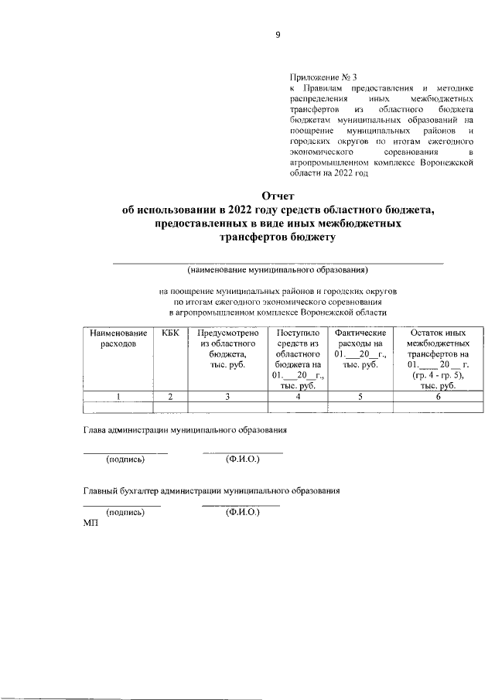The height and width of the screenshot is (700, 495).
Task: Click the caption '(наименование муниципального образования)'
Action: click(278, 271)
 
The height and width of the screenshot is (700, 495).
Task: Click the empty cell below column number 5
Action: click(360, 408)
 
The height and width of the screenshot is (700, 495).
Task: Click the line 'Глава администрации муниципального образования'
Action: click(186, 430)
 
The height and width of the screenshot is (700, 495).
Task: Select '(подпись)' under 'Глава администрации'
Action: click(125, 459)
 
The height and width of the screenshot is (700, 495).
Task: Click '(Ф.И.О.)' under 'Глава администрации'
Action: click(242, 459)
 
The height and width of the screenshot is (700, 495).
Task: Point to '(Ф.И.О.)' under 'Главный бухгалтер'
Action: click(241, 511)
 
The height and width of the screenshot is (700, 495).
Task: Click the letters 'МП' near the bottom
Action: click(90, 523)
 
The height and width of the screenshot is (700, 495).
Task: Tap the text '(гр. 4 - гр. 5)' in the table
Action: click(437, 375)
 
